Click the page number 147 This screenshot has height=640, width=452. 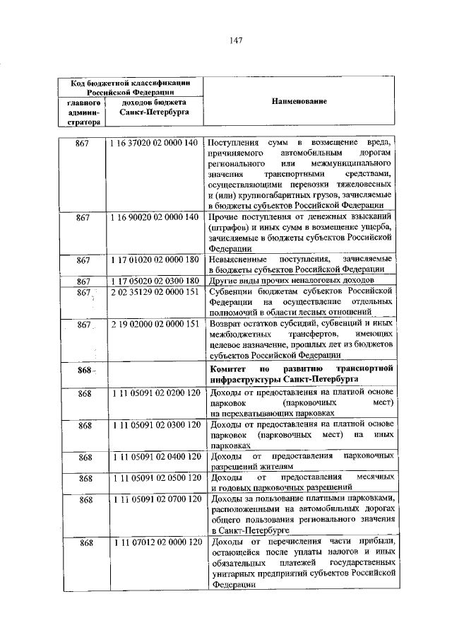point(236,40)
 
